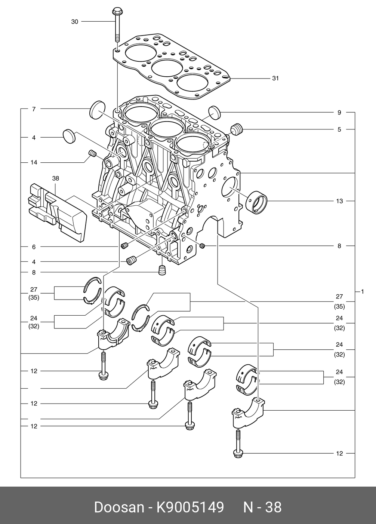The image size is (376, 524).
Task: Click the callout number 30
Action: click(x=75, y=22)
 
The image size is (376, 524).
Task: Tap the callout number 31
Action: click(x=275, y=79)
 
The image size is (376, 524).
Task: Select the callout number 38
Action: click(x=56, y=179)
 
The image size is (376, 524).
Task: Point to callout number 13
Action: click(x=339, y=201)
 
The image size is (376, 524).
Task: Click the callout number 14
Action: click(x=34, y=163)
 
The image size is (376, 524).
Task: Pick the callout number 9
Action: click(x=339, y=112)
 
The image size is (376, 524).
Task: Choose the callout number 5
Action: click(x=339, y=129)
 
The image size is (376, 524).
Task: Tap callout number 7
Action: click(x=34, y=109)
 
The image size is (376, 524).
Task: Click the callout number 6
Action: click(x=34, y=247)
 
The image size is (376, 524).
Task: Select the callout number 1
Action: click(x=362, y=291)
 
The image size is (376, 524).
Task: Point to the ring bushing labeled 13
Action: click(x=257, y=202)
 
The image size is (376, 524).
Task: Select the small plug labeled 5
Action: click(x=237, y=129)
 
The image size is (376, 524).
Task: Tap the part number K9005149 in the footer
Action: click(x=190, y=507)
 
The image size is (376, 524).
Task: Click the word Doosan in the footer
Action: click(x=119, y=507)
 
